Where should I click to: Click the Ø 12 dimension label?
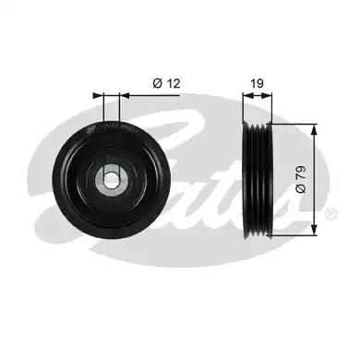point(166,83)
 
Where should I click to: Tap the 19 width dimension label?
point(257,83)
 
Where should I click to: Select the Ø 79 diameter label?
point(301,180)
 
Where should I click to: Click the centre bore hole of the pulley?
point(112,180)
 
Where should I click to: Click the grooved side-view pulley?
point(258,180)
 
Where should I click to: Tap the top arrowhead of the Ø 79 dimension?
point(314,130)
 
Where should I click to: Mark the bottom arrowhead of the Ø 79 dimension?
point(314,230)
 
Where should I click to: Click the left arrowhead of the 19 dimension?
point(247,96)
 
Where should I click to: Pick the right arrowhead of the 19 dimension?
point(268,96)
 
